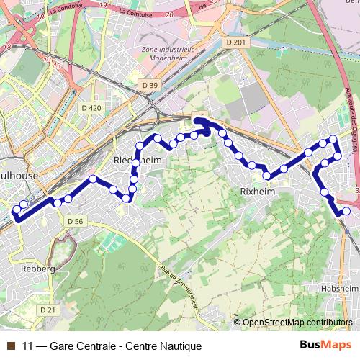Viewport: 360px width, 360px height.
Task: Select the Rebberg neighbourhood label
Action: pyautogui.click(x=38, y=268)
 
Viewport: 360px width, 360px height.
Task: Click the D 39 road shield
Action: pyautogui.click(x=150, y=85)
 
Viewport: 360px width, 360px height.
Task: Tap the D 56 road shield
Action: pyautogui.click(x=74, y=221)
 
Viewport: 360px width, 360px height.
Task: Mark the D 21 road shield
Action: pyautogui.click(x=48, y=310)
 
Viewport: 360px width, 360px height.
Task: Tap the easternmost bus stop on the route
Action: pyautogui.click(x=347, y=211)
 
